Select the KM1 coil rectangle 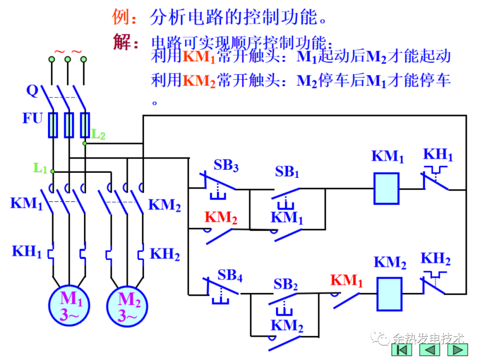386,188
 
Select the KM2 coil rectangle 389,294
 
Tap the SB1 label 287,172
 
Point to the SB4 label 230,276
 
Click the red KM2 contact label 221,217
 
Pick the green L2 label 98,134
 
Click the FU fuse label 33,119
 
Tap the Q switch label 32,91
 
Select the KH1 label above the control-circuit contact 438,155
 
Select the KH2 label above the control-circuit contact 436,259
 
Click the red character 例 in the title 121,17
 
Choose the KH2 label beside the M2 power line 165,254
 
